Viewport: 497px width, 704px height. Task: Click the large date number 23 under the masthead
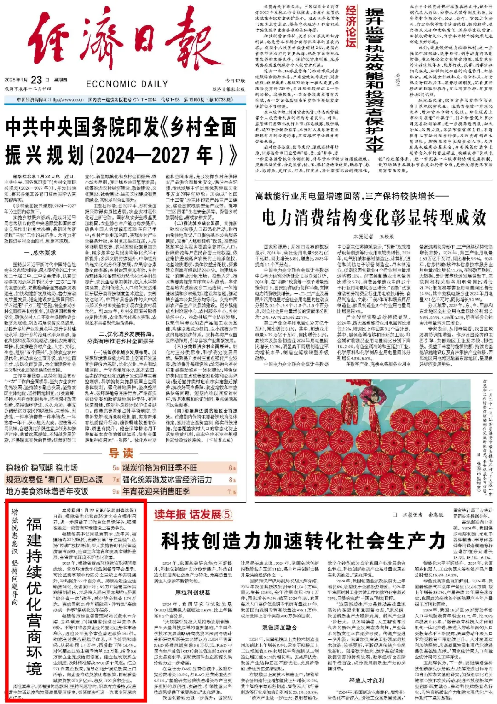click(x=36, y=80)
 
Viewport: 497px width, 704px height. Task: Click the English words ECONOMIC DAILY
click(x=127, y=84)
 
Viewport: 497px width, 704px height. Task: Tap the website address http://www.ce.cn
click(x=67, y=99)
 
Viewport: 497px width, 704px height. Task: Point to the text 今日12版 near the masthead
click(x=235, y=81)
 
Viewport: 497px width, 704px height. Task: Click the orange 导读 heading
click(x=121, y=453)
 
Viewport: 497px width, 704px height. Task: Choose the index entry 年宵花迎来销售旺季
click(x=156, y=491)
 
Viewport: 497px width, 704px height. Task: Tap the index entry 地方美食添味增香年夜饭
click(x=47, y=491)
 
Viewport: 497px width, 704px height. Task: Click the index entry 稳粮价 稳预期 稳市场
click(x=42, y=468)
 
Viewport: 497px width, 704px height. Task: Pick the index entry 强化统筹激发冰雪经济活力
click(x=167, y=479)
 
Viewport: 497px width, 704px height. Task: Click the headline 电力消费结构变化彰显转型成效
click(x=374, y=217)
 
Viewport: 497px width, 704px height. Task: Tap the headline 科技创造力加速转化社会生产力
click(x=303, y=541)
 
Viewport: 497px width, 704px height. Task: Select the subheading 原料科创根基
click(x=193, y=593)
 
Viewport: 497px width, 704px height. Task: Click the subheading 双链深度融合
click(x=280, y=627)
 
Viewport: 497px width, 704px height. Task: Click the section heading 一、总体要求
click(x=40, y=253)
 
